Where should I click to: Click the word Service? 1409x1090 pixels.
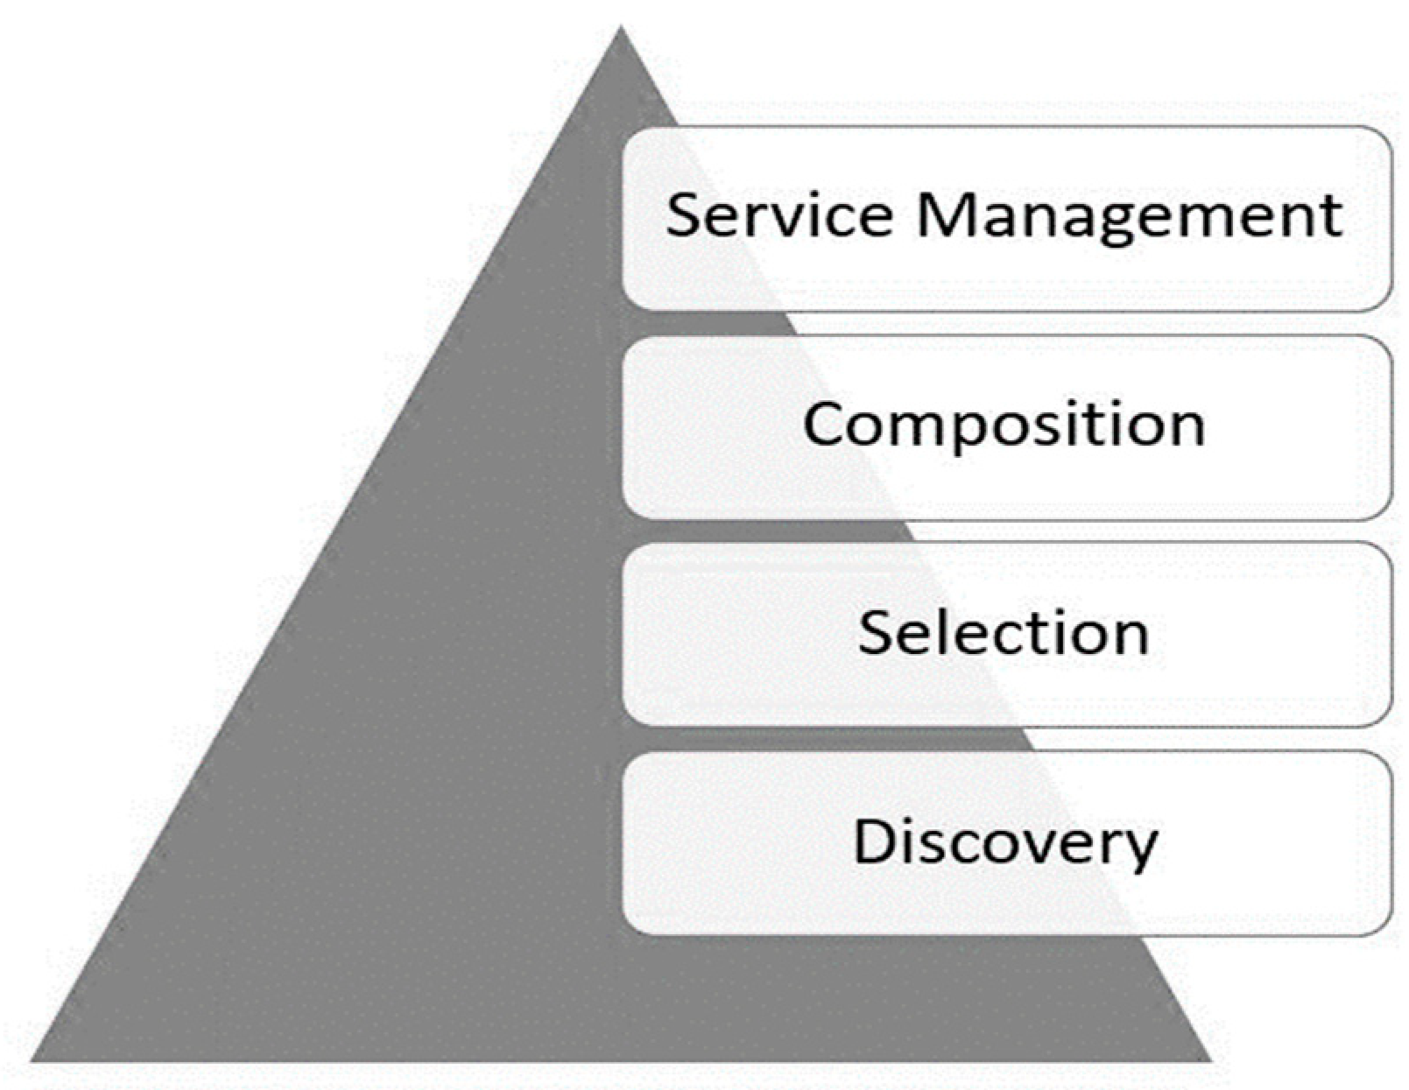[779, 214]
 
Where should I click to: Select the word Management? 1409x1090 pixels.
[1130, 216]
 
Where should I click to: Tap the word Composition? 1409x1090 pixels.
[1004, 425]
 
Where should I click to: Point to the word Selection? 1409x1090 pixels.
[1004, 632]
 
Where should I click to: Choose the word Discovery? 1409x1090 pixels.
[1005, 842]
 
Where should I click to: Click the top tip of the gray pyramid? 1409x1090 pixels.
[621, 28]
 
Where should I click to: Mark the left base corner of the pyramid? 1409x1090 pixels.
[33, 1060]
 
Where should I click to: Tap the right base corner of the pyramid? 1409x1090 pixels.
[1212, 1060]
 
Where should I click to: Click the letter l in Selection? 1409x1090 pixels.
[944, 630]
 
